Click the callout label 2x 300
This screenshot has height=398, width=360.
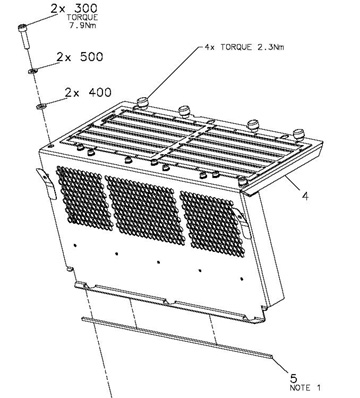point(74,8)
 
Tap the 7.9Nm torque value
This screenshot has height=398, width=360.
point(83,25)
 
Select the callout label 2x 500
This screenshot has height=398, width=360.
point(80,57)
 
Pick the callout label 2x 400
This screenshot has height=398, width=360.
point(88,92)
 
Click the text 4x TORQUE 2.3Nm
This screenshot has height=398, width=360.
point(244,47)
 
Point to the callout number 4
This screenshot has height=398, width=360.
point(305,196)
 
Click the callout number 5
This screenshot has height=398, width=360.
point(294,378)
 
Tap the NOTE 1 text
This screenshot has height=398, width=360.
point(305,388)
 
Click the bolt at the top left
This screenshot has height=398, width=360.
point(24,37)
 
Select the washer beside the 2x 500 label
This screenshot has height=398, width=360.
point(32,71)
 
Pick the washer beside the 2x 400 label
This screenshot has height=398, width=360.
point(41,107)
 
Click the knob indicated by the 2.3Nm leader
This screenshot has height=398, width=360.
point(142,102)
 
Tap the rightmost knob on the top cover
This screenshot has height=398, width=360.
point(299,134)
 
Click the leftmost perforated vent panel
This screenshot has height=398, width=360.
point(85,198)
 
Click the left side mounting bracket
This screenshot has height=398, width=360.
point(47,183)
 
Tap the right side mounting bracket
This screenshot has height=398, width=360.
point(243,222)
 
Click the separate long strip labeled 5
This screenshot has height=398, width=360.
point(177,338)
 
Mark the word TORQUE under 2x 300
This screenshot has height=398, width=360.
point(82,18)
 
